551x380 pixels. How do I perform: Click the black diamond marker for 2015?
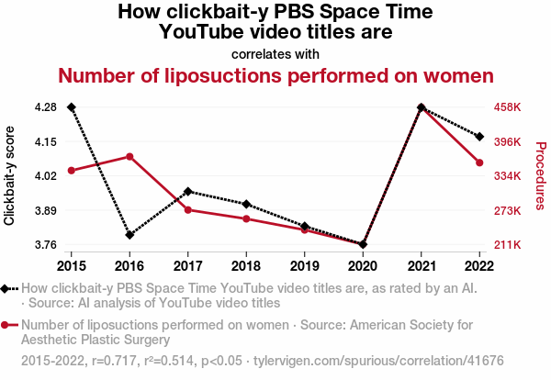coord(72,107)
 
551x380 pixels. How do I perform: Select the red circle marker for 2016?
coord(129,156)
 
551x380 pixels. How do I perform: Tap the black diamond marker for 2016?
coord(129,235)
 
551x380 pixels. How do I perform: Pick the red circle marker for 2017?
coord(188,210)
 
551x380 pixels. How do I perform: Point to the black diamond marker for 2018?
coord(246,204)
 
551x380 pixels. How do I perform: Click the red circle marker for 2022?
coord(479,163)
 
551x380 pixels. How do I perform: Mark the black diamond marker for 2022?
coord(479,137)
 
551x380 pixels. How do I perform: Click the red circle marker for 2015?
coord(72,171)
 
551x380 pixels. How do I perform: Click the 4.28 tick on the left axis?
coord(45,107)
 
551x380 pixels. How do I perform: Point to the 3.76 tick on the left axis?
coord(45,245)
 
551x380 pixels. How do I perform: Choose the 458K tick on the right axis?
coord(508,107)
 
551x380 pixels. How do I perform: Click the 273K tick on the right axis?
coord(508,211)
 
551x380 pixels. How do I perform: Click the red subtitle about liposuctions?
coord(275,75)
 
